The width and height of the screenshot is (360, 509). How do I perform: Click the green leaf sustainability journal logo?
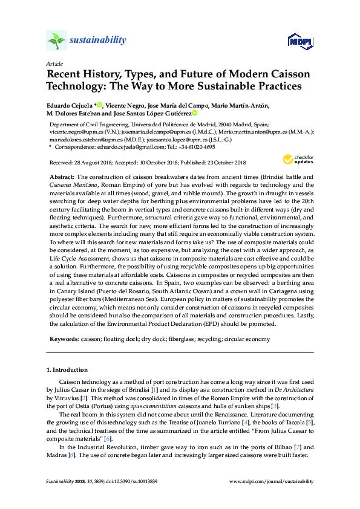(56, 41)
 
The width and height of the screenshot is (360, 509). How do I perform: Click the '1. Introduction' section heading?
(67, 369)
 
